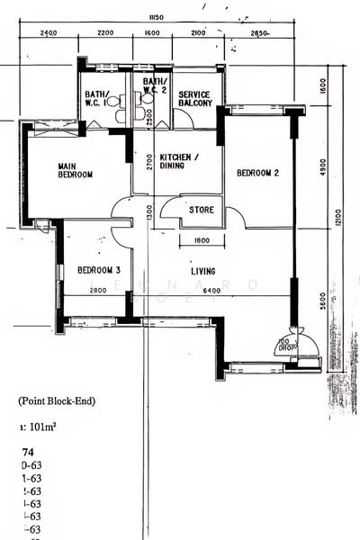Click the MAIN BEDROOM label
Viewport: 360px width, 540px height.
click(x=76, y=170)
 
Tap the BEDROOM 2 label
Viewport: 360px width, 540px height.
click(x=257, y=173)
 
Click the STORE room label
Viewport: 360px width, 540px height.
click(x=201, y=211)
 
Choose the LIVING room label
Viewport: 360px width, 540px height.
click(x=202, y=270)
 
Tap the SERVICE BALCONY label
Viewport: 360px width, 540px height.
click(x=195, y=99)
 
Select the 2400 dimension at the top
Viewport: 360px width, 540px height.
click(x=49, y=33)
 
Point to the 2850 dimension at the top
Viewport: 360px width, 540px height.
click(x=260, y=33)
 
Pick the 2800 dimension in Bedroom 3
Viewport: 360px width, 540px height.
click(x=98, y=291)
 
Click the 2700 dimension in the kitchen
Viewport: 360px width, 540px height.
click(x=149, y=163)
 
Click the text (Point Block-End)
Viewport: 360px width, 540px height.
click(x=56, y=400)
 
